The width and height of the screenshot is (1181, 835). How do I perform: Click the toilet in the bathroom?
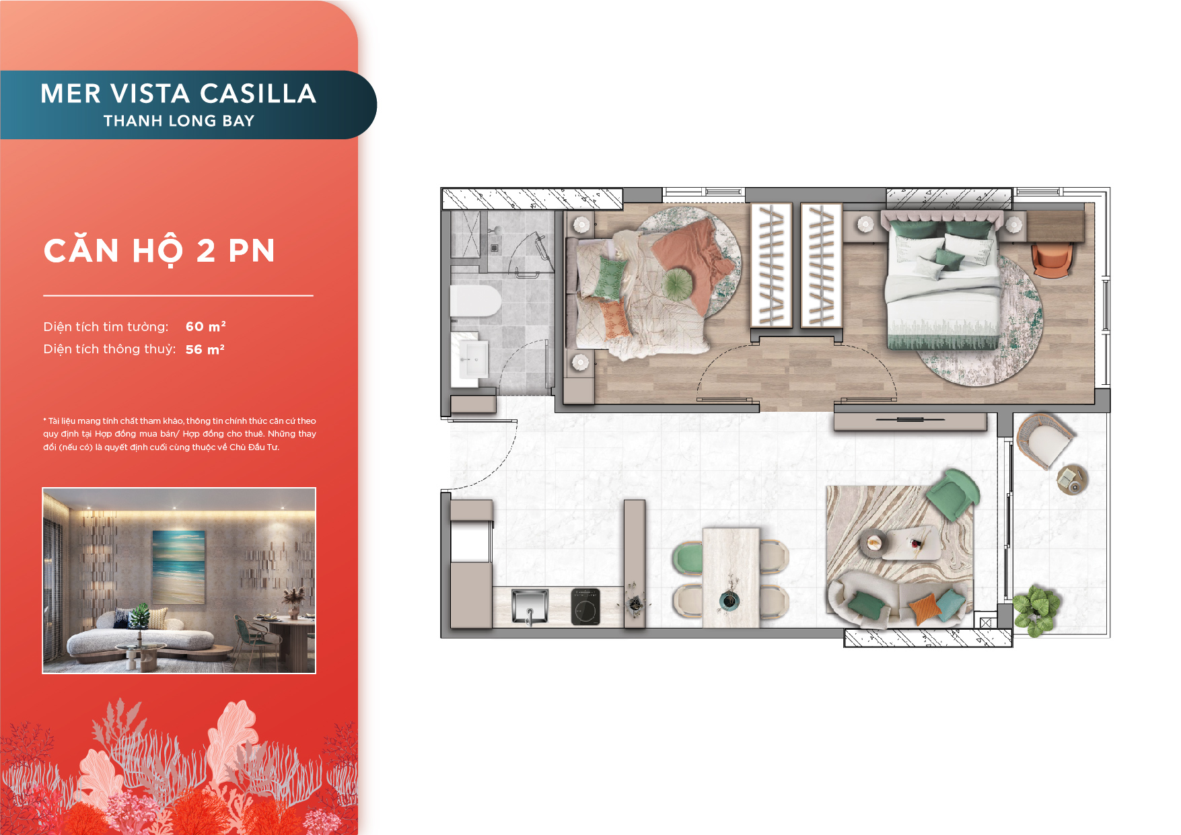(475, 301)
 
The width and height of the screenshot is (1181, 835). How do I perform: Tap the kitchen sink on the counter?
(530, 606)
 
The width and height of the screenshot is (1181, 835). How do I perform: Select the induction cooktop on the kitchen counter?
(585, 606)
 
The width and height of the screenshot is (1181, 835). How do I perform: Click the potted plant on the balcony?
(1036, 609)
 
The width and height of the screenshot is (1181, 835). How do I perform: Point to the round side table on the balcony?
(1072, 480)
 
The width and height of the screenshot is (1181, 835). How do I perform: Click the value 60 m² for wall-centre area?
(206, 326)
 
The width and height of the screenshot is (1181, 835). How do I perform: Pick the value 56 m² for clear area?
(205, 349)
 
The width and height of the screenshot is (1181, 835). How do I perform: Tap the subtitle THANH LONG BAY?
(179, 121)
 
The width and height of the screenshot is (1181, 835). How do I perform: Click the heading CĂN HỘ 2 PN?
(159, 251)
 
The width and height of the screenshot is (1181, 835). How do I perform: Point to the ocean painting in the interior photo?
(178, 567)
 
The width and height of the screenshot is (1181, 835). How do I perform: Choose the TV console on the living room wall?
(910, 421)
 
